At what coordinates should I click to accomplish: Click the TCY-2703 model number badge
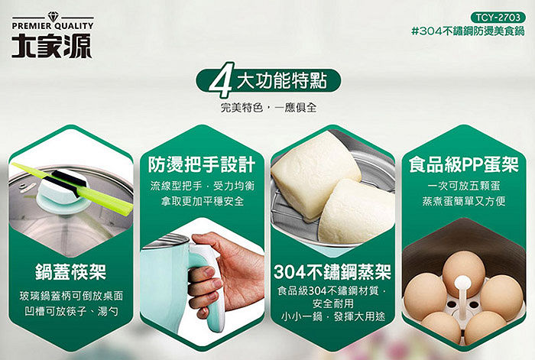point(498,17)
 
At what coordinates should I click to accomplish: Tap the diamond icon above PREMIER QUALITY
point(53,16)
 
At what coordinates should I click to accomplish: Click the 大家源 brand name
point(52,45)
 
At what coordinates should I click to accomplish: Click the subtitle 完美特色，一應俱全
point(268,108)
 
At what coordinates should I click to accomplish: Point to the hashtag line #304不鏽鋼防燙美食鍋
point(468,31)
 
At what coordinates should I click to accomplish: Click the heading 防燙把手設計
point(202,164)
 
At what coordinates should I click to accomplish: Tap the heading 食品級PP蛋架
point(464,164)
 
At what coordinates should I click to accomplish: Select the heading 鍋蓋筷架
point(70,271)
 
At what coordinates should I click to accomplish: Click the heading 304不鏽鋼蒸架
point(332,271)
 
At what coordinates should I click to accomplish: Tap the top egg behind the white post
point(464,270)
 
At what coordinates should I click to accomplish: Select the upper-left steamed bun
point(315,170)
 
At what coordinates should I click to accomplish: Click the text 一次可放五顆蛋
point(464,186)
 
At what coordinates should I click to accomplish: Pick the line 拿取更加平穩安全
point(203,201)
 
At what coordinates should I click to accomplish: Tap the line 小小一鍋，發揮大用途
point(332,316)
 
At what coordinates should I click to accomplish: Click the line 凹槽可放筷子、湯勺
point(71,311)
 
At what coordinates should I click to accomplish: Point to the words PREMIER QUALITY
point(53,26)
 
